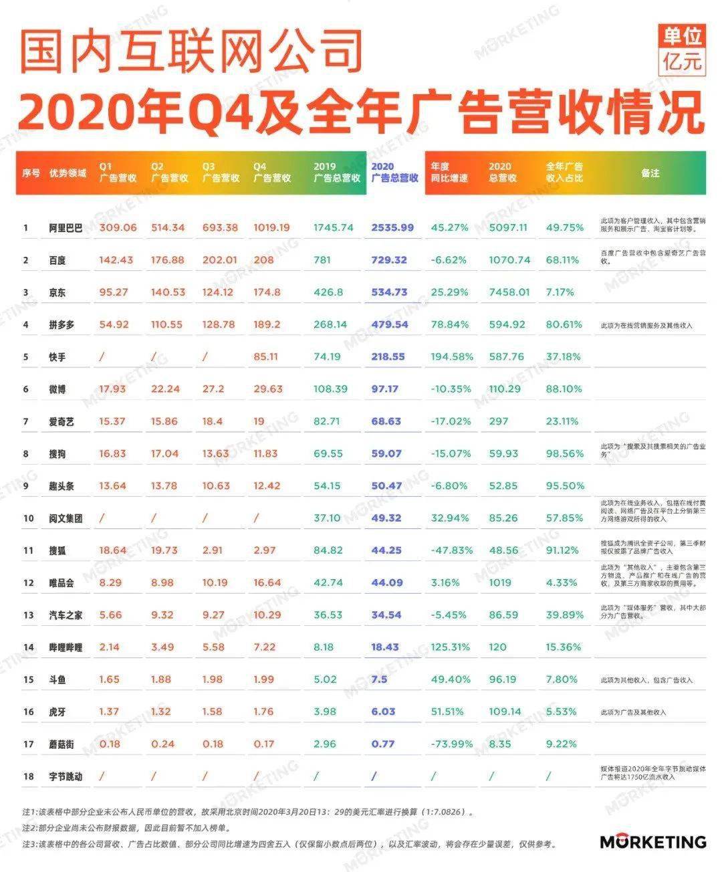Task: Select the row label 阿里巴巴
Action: (66, 227)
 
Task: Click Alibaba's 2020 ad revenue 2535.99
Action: (392, 227)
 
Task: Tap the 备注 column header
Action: (650, 173)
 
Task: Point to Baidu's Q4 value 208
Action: (263, 259)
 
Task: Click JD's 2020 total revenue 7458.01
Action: (509, 292)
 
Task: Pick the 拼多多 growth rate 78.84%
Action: (449, 324)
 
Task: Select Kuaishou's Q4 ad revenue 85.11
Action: (265, 356)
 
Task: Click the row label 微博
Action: (57, 389)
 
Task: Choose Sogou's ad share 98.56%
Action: (564, 453)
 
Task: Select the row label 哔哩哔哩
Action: (66, 647)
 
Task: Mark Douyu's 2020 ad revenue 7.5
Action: (379, 679)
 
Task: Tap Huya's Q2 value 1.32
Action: (161, 712)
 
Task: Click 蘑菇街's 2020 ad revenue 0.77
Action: (383, 744)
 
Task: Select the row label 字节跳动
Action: (66, 776)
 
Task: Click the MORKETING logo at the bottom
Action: (652, 841)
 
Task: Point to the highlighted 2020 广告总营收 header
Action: (394, 173)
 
